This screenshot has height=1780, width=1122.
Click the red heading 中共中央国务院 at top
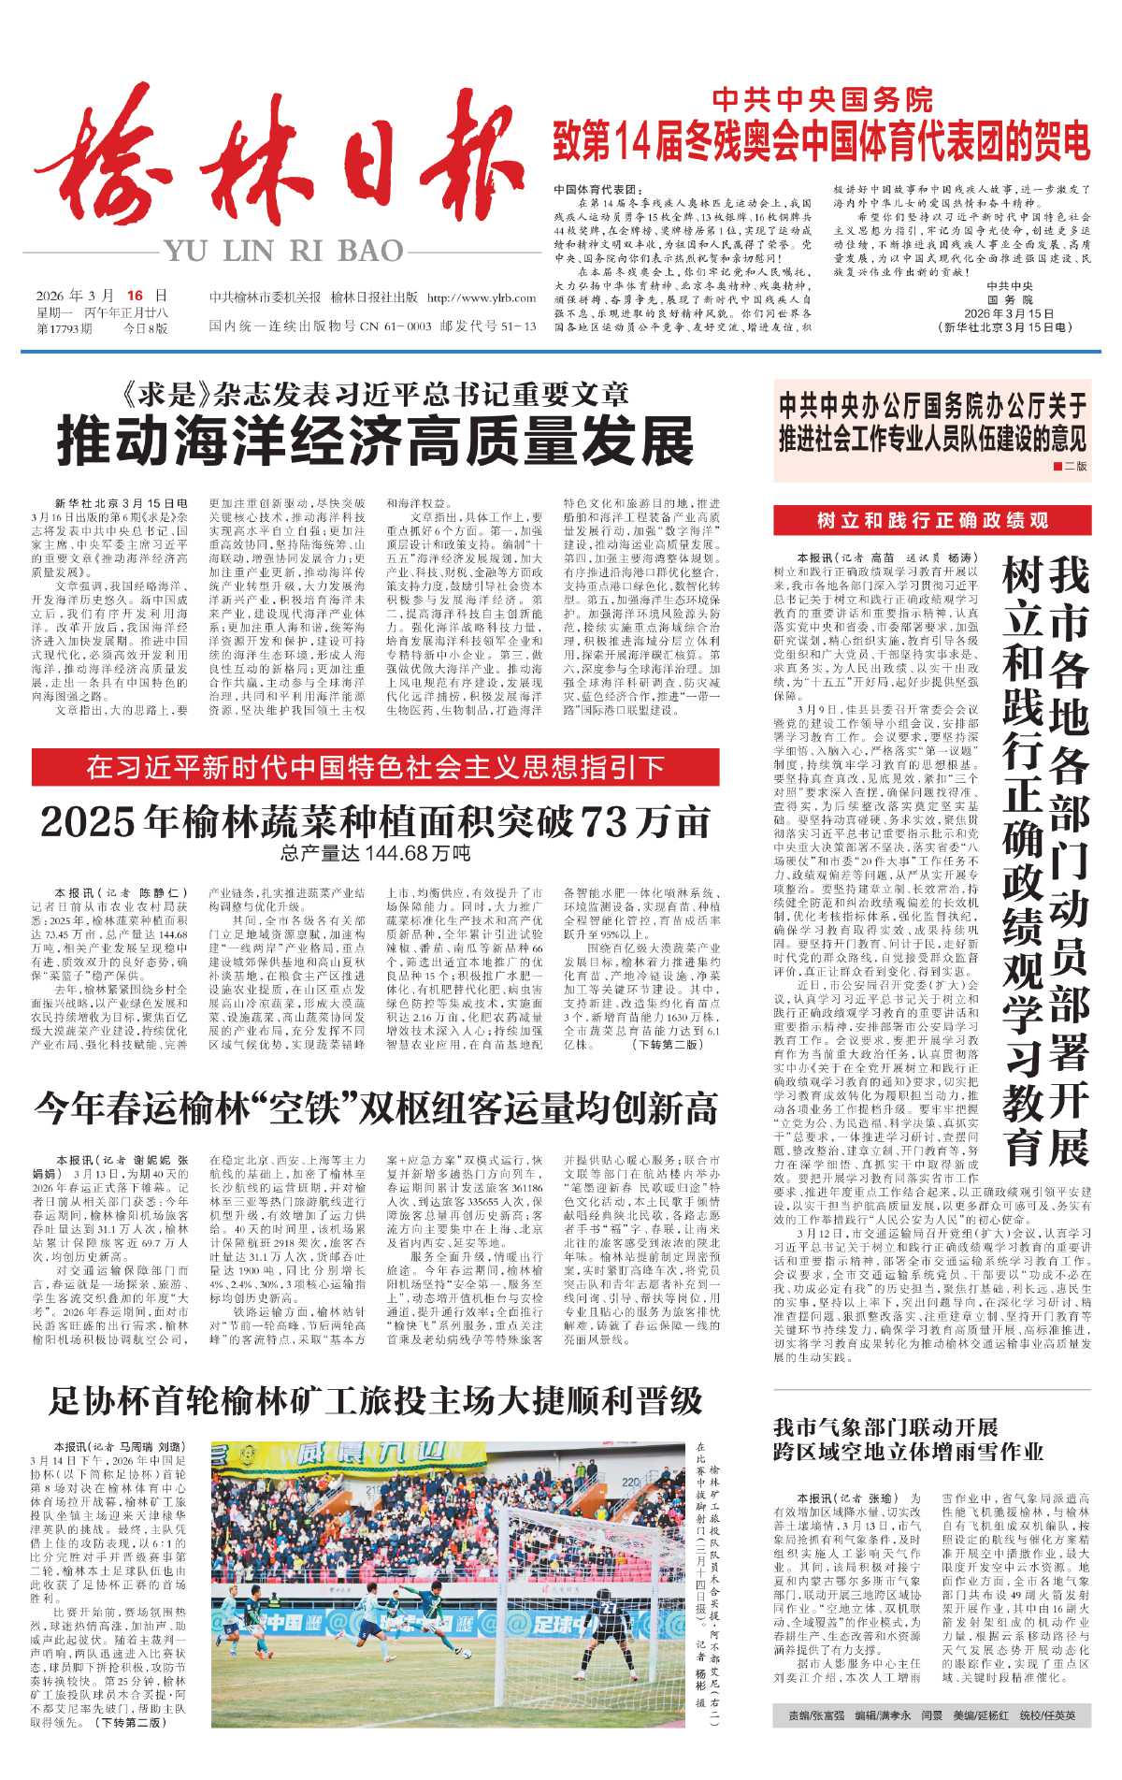822,99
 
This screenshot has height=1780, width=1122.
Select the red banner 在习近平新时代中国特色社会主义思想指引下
375,767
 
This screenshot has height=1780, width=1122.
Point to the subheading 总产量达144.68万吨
375,853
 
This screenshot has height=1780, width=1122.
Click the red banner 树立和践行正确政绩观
931,521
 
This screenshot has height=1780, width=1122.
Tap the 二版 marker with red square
1070,466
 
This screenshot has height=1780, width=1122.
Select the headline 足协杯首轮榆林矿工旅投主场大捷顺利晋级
375,1400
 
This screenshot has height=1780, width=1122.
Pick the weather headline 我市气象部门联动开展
885,1426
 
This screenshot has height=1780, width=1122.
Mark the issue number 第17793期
65,328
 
